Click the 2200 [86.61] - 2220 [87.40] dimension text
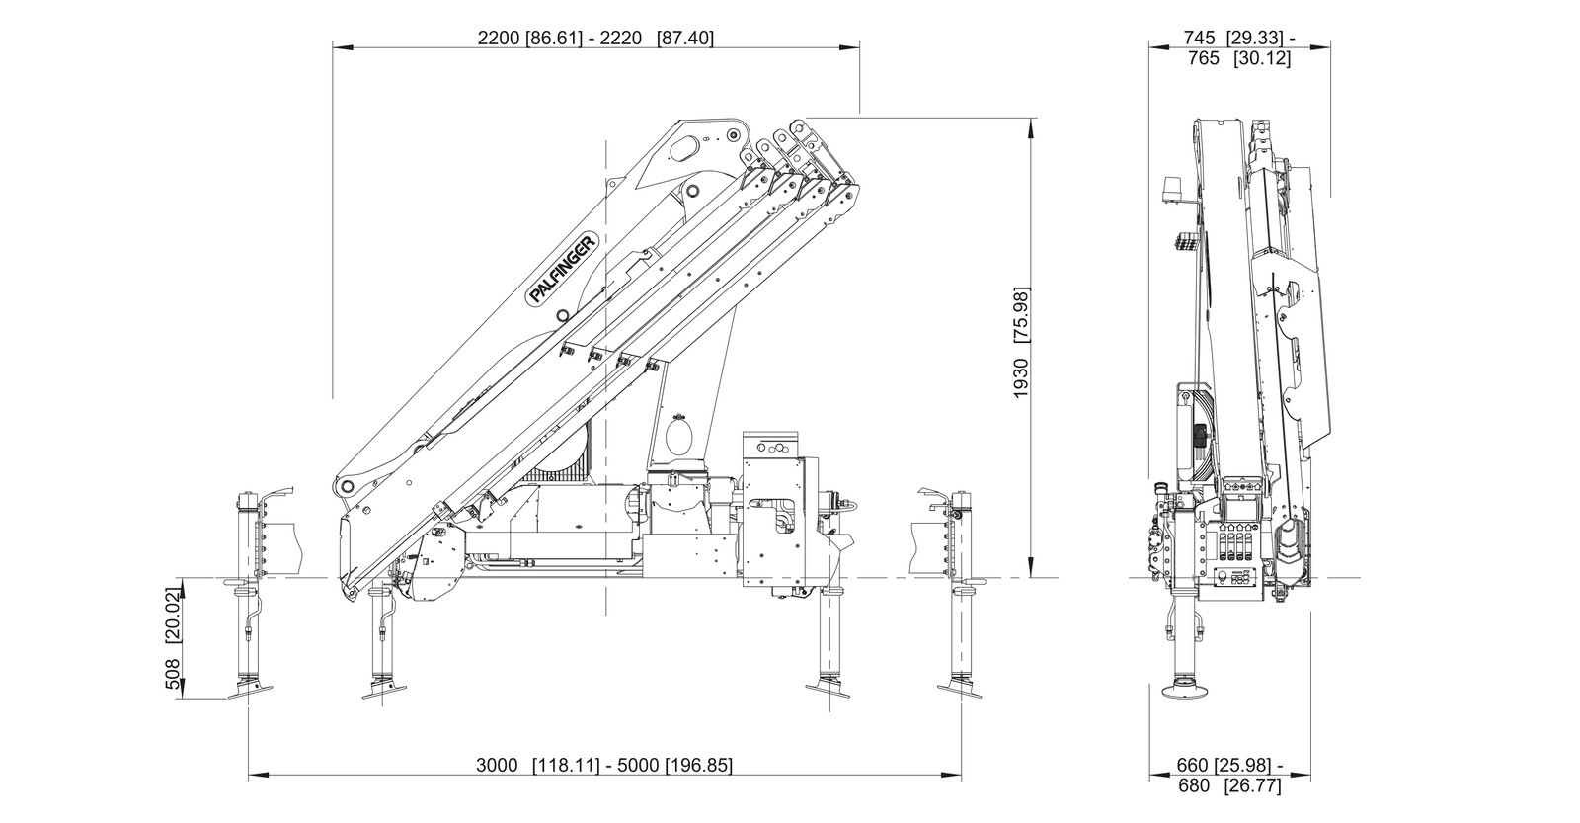594,39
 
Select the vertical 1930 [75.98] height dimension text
1021,342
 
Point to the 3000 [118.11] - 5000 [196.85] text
604,765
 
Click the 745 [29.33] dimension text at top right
1238,39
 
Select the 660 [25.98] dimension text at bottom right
1230,765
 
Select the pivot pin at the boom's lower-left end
345,487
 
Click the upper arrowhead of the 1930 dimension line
1031,123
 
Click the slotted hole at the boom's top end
683,148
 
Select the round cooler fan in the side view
1196,434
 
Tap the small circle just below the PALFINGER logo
562,315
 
